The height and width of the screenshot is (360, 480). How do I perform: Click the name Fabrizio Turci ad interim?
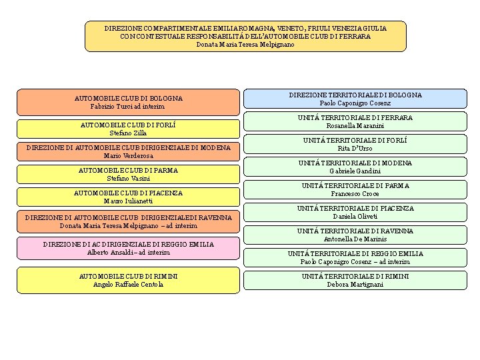click(128, 107)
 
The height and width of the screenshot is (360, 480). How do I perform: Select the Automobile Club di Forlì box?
click(128, 129)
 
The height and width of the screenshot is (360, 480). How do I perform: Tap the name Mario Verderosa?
click(128, 156)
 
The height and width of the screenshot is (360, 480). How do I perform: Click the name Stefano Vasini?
click(128, 179)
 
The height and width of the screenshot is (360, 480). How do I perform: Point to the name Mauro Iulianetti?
click(128, 201)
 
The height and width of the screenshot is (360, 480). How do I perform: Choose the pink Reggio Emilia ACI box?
click(128, 248)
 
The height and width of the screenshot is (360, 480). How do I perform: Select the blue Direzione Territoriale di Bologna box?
click(355, 99)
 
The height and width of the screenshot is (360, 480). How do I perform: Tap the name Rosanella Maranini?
click(355, 126)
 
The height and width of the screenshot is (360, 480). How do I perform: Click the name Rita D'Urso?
click(355, 149)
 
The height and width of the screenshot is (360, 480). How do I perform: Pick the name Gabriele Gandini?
click(355, 171)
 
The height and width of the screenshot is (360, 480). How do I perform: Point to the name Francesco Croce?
click(355, 194)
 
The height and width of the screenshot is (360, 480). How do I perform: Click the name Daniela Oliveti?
click(355, 217)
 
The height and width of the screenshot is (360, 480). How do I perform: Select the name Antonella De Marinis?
click(355, 239)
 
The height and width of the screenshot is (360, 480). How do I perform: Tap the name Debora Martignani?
click(355, 285)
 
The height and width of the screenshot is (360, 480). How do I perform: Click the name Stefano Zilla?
click(128, 133)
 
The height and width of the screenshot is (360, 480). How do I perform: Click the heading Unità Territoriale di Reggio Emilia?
click(355, 253)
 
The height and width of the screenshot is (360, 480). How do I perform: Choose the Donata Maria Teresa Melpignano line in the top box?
click(245, 44)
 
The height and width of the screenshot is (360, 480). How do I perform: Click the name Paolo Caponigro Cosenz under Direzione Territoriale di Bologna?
click(355, 103)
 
